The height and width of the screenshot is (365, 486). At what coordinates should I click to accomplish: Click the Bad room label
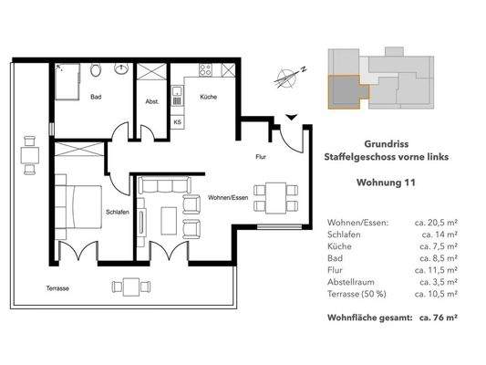[x=94, y=109]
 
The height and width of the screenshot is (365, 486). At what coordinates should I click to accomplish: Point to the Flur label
[x=261, y=157]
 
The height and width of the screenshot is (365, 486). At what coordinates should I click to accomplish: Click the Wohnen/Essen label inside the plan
[x=228, y=197]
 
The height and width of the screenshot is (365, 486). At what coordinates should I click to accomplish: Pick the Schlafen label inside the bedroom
[x=115, y=212]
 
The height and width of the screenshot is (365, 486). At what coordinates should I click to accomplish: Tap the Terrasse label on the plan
[x=57, y=288]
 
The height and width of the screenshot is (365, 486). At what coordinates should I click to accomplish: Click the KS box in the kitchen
[x=177, y=120]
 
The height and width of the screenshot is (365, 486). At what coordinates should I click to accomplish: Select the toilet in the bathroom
[x=96, y=70]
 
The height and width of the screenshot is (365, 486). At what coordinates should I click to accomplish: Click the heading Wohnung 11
[x=386, y=182]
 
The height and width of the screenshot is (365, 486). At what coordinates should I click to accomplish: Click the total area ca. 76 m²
[x=438, y=318]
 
